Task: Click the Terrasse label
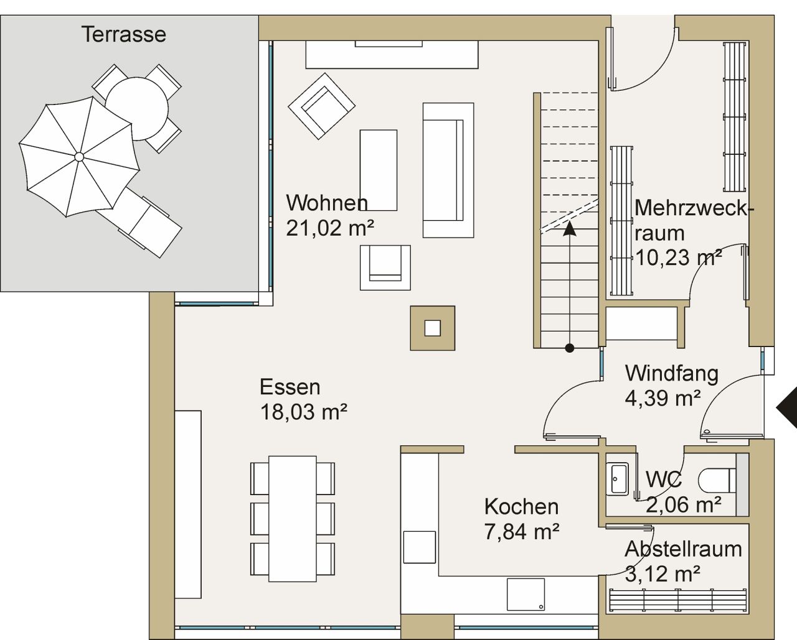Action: [x=123, y=34]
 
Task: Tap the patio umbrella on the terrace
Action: [x=78, y=156]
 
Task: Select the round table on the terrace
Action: [x=136, y=107]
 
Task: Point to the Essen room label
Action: [x=290, y=387]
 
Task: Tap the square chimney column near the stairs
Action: [x=432, y=328]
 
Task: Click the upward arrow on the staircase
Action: [x=569, y=230]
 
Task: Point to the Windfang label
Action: [x=671, y=373]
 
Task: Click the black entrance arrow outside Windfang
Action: [x=787, y=407]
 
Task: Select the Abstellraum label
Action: [x=683, y=549]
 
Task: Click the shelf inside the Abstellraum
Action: [x=677, y=602]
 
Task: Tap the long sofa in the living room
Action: [x=447, y=170]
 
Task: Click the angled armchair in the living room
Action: [x=321, y=106]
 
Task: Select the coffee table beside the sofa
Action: [x=378, y=170]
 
